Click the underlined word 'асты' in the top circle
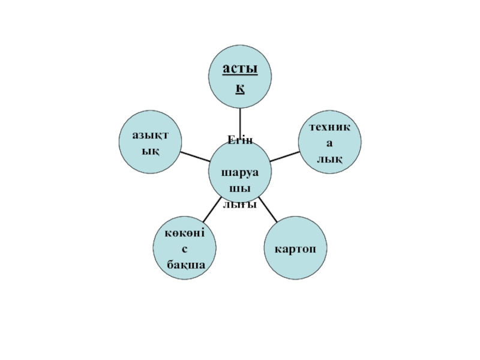pyautogui.click(x=240, y=70)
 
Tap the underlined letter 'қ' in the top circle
pyautogui.click(x=240, y=89)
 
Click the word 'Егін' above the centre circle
pyautogui.click(x=240, y=140)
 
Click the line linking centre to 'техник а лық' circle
pyautogui.click(x=284, y=156)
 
